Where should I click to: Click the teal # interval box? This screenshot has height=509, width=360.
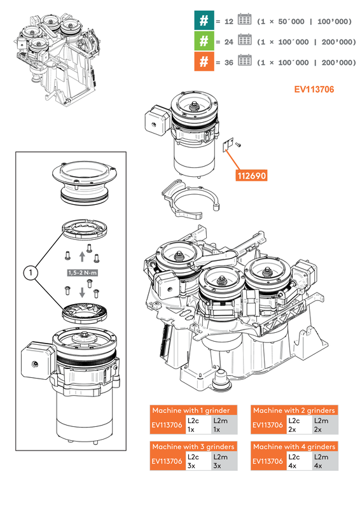(x=203, y=20)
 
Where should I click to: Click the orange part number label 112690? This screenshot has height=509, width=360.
(x=252, y=175)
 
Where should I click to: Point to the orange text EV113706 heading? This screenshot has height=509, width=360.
(x=314, y=90)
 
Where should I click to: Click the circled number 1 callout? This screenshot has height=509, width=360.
(x=28, y=272)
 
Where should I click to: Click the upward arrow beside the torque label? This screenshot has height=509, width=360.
(x=81, y=257)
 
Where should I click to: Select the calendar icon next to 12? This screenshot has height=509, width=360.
(x=244, y=20)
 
